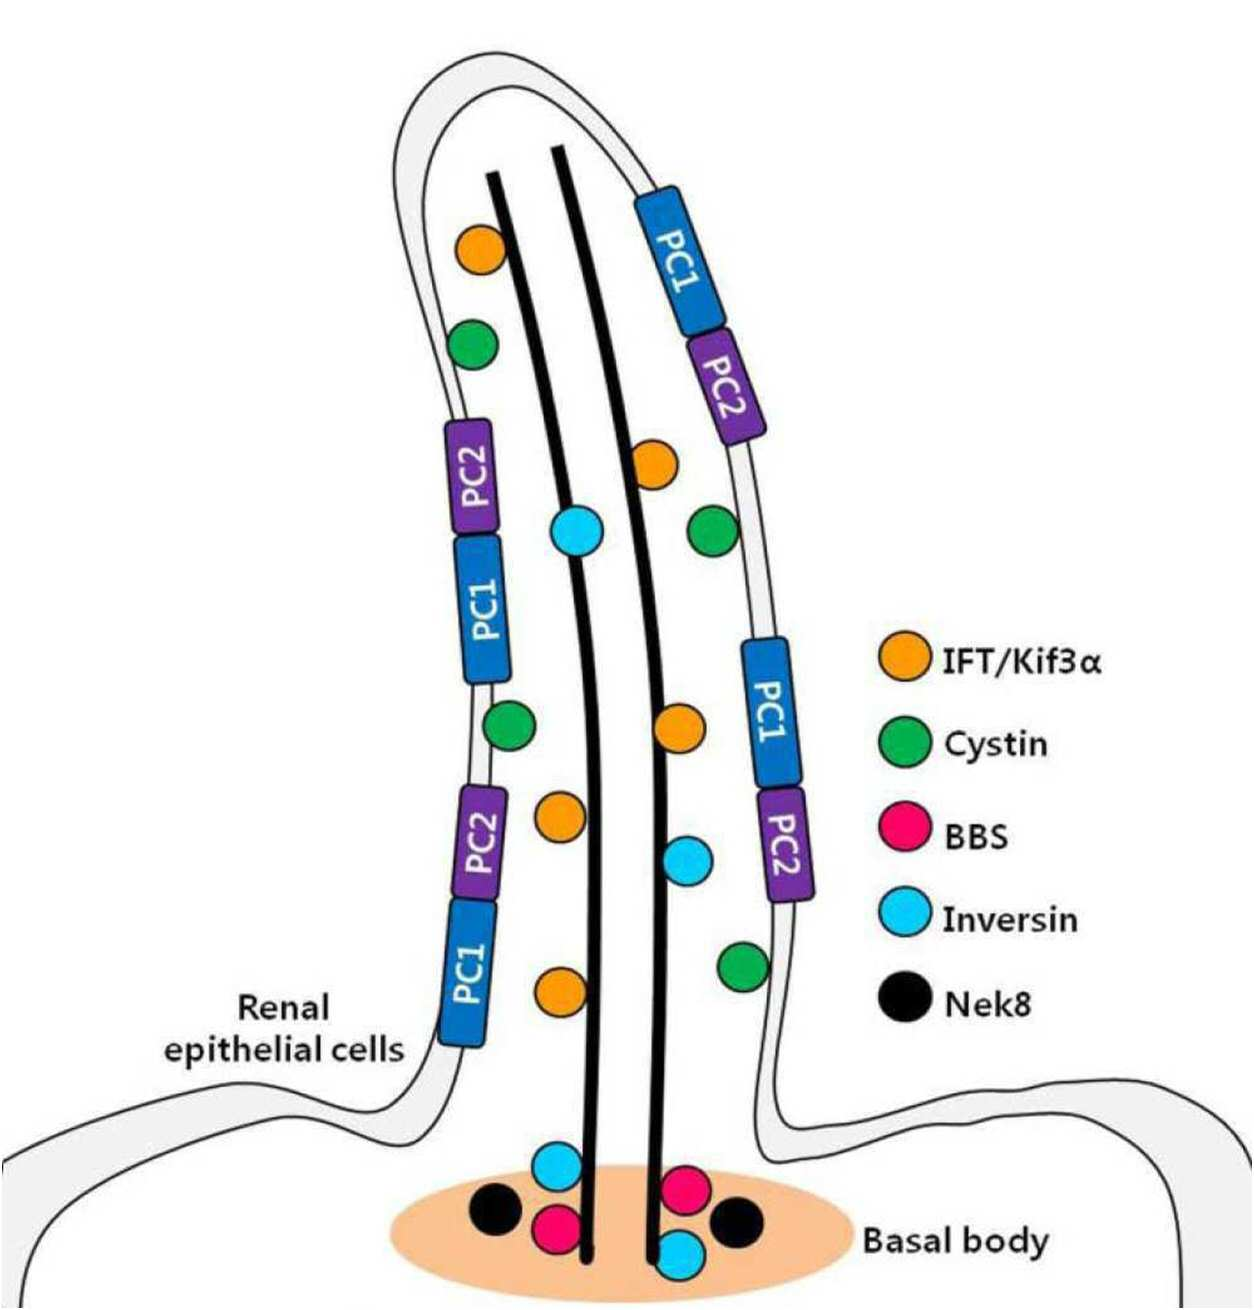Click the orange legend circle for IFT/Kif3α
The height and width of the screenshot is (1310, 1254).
905,656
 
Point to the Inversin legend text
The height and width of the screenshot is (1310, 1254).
1010,919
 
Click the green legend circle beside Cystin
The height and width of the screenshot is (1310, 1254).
905,743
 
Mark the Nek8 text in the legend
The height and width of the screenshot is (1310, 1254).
987,1004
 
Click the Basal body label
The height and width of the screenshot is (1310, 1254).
956,1241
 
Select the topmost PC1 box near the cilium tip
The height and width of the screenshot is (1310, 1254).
681,261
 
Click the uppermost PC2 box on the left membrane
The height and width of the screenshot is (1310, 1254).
472,476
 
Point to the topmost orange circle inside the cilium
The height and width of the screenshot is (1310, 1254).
481,250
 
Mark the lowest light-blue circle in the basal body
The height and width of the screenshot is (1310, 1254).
680,1255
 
